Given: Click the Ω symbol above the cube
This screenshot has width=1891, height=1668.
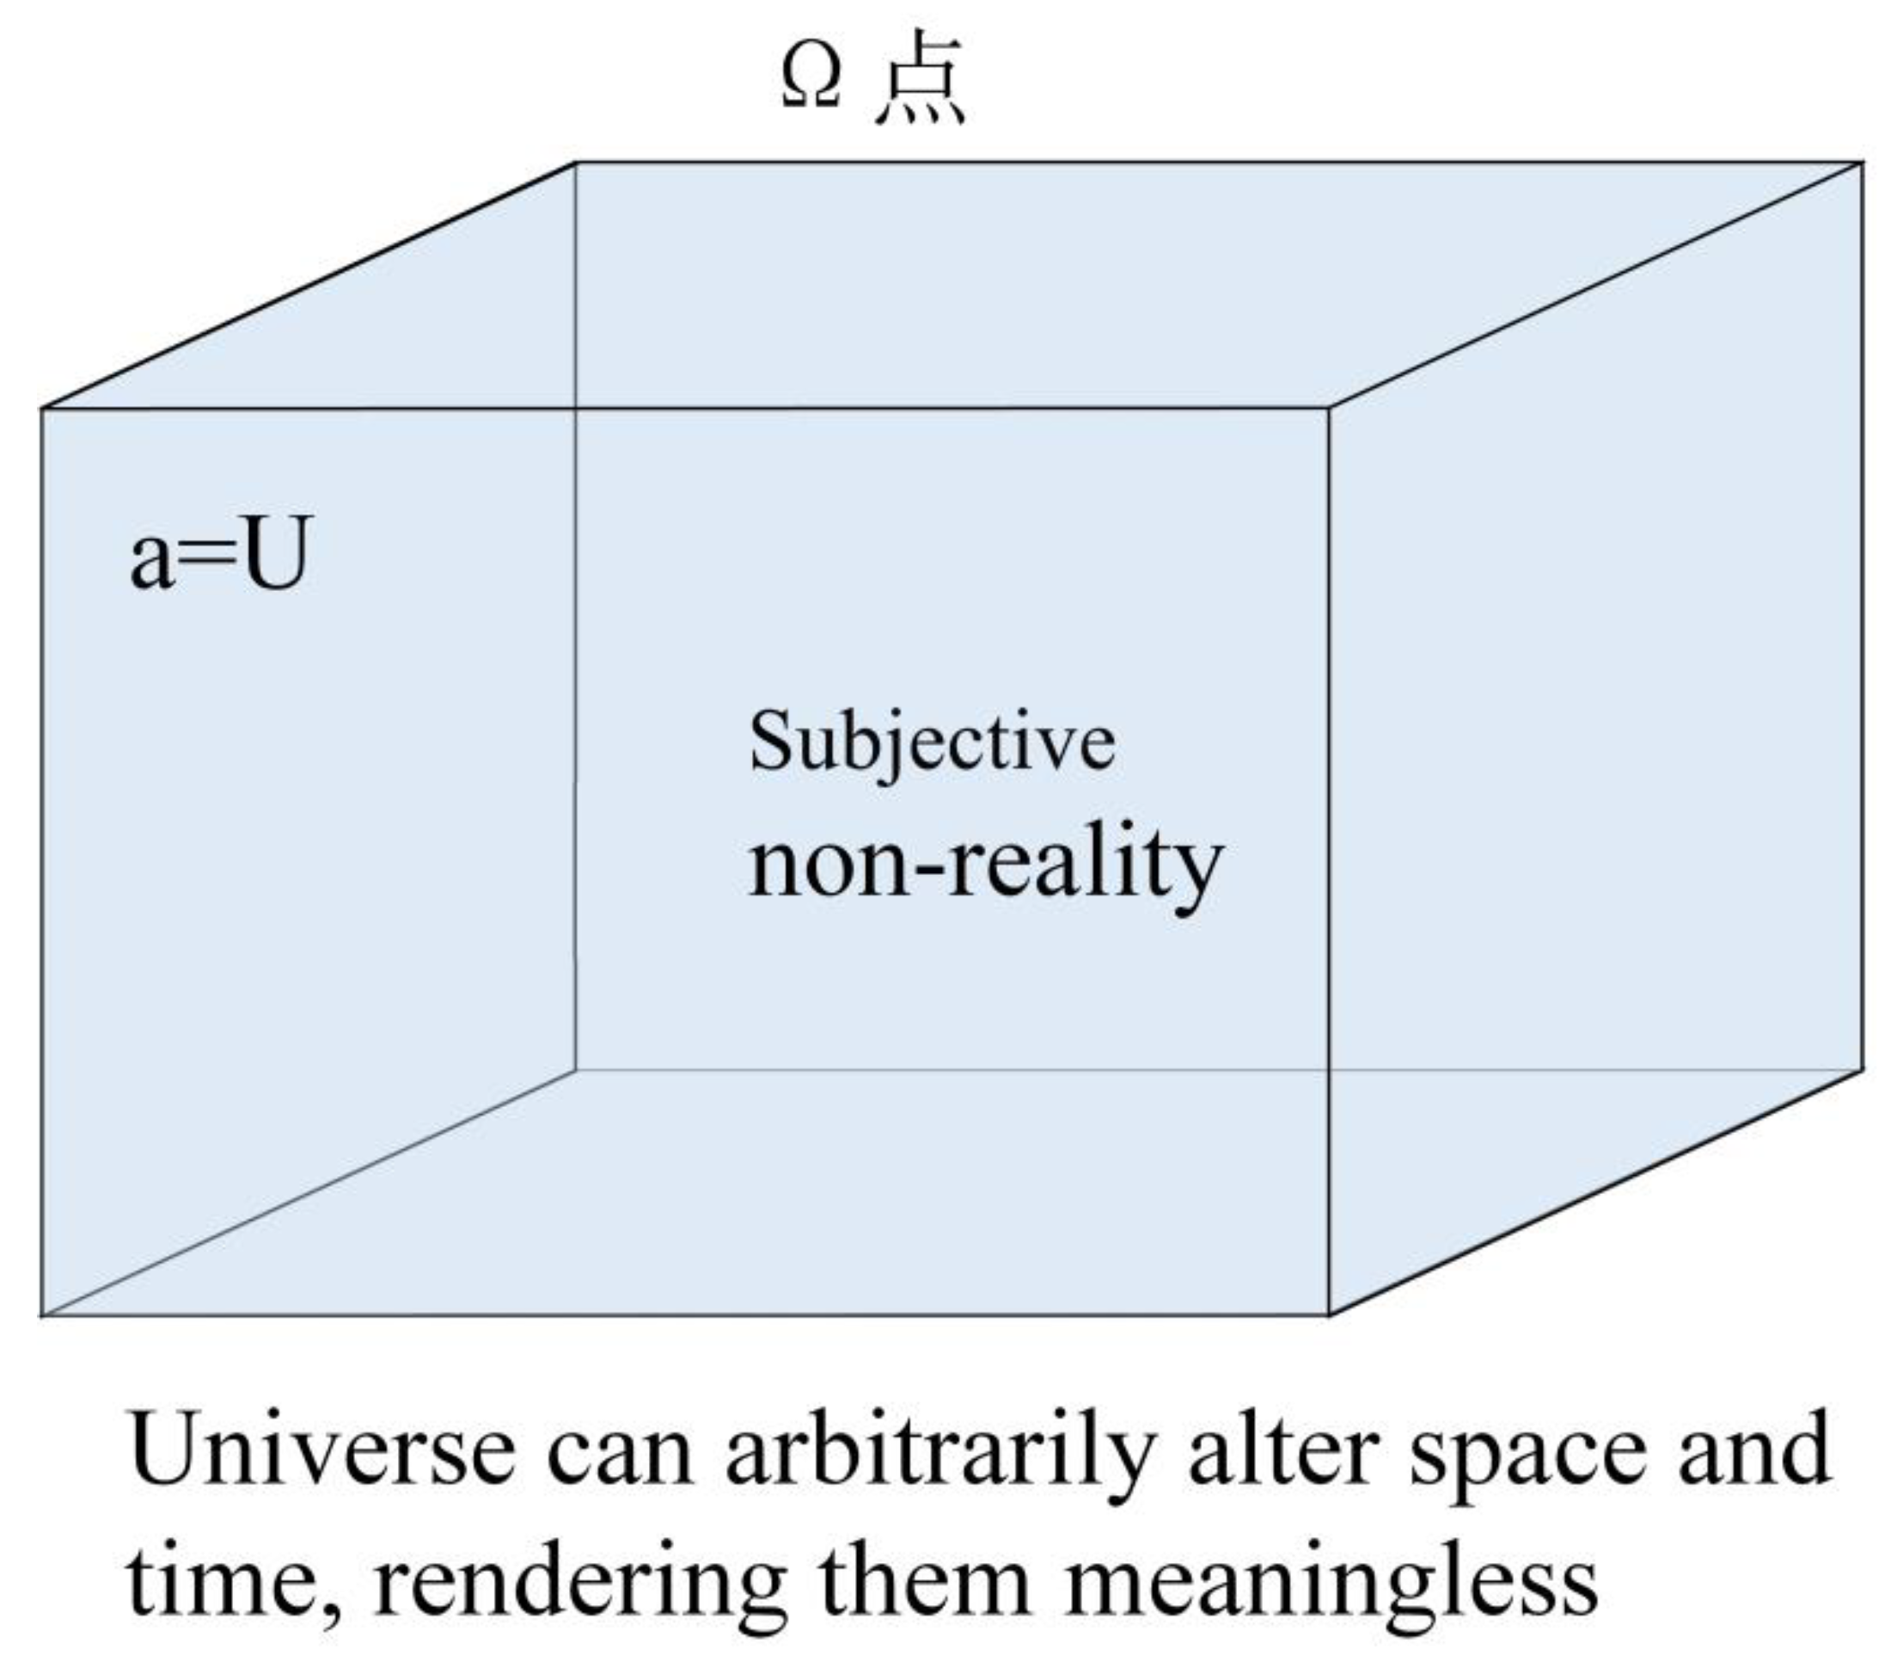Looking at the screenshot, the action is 811,76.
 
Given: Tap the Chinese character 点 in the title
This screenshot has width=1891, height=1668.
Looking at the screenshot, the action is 920,77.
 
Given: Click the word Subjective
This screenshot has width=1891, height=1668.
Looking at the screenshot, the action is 932,742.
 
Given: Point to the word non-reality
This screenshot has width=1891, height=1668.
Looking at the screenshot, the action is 985,865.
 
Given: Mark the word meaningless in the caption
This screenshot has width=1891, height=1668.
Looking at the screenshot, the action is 1332,1585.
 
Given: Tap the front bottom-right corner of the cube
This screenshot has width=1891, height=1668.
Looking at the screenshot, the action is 1330,1314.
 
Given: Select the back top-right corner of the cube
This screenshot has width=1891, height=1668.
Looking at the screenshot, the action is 1863,163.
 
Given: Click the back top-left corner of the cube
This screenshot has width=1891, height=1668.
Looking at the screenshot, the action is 575,163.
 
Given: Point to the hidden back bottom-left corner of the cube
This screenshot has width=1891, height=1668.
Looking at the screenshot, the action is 575,1070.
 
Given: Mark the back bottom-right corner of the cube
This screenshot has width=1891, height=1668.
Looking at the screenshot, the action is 1863,1070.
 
